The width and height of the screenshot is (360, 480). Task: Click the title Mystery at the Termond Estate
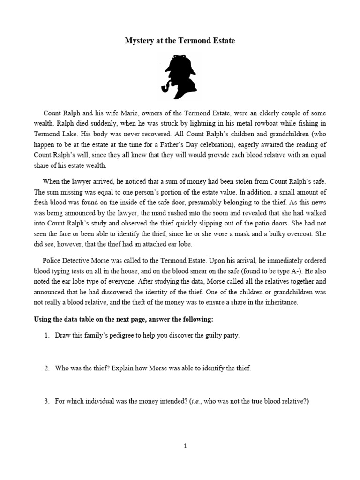180,41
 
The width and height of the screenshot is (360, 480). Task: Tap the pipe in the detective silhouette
168,88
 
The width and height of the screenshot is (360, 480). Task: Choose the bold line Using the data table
123,319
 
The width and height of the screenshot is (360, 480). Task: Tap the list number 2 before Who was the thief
47,368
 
